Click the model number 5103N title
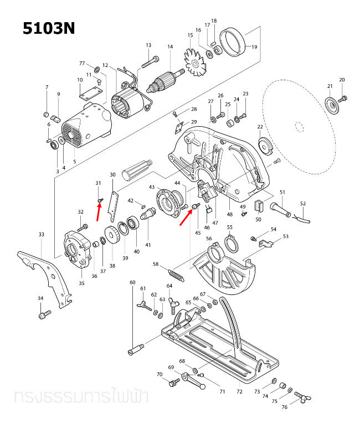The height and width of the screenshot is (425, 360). tap(48, 28)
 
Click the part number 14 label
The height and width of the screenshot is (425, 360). tap(170, 47)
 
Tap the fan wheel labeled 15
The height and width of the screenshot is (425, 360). tap(195, 66)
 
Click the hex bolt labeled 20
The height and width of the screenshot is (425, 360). tap(342, 99)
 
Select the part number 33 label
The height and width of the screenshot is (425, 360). tap(41, 235)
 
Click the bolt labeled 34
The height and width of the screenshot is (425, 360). tap(42, 315)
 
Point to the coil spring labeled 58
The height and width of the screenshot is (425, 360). tap(177, 274)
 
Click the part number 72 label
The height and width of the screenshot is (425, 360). tap(239, 391)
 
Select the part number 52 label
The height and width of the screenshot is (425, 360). tap(302, 203)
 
